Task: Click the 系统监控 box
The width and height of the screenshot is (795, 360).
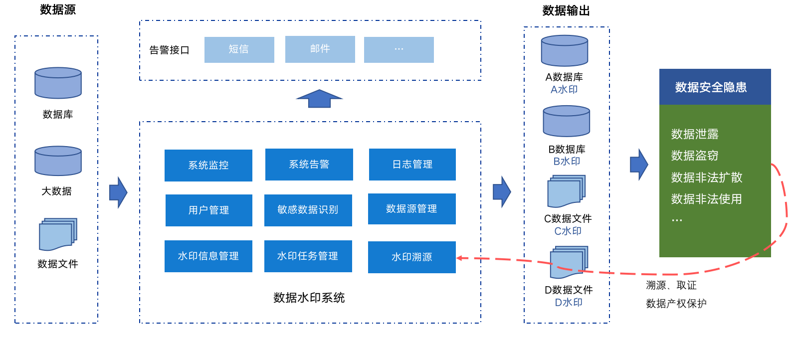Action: [x=208, y=166]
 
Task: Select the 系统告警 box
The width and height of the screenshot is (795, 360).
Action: [x=309, y=165]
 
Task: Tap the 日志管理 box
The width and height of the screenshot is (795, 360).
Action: [x=412, y=165]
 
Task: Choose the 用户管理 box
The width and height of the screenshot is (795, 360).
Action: [x=208, y=210]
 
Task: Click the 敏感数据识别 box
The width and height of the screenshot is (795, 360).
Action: [x=308, y=210]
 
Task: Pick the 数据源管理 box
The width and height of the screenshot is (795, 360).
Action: [x=412, y=209]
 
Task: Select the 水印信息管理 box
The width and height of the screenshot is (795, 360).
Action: [x=208, y=256]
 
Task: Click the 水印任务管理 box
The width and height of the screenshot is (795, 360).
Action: [x=308, y=256]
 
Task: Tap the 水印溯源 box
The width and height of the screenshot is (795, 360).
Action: [x=412, y=257]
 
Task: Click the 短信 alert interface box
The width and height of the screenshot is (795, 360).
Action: [x=239, y=49]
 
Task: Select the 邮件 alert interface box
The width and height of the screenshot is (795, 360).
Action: [x=320, y=49]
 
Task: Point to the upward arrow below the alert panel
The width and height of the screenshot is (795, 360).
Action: [x=319, y=99]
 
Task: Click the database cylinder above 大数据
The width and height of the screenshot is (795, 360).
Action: [x=58, y=161]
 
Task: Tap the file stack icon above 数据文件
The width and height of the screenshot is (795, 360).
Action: [x=58, y=234]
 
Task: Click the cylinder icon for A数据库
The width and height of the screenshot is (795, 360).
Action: [x=565, y=50]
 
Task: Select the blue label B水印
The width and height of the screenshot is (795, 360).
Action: [x=567, y=162]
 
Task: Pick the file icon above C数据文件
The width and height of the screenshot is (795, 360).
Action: [x=566, y=191]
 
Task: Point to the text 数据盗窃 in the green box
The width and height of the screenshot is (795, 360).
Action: [x=695, y=156]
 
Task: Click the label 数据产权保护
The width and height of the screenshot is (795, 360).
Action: [x=676, y=304]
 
